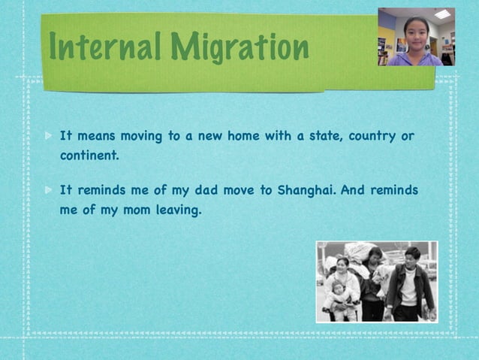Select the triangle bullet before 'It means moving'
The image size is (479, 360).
click(49, 138)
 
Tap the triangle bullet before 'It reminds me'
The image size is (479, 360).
click(49, 191)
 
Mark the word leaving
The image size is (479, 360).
click(179, 210)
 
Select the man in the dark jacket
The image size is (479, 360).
click(410, 286)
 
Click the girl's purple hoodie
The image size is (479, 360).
click(415, 59)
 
